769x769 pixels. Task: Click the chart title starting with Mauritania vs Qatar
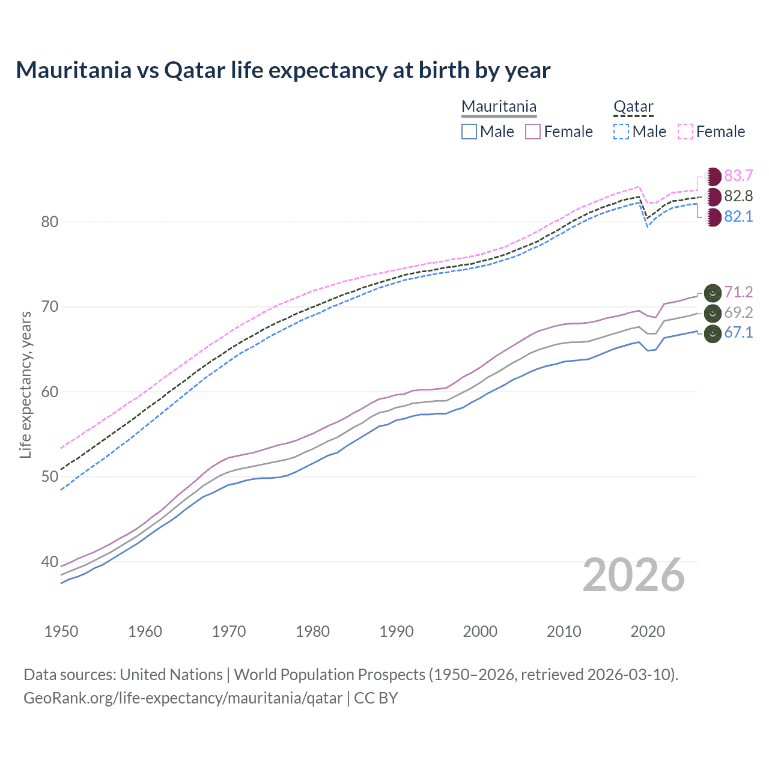coord(283,70)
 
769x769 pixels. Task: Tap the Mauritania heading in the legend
coord(499,106)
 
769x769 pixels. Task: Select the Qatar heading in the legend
coord(633,106)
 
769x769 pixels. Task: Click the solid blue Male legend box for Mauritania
coord(469,132)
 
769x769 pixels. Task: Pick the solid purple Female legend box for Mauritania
coord(533,132)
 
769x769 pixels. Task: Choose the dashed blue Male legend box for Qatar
coord(621,132)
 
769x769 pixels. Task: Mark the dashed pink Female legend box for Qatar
coord(685,132)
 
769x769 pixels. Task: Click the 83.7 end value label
coord(738,175)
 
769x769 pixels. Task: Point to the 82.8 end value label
coord(738,196)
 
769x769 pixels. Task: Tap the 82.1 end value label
coord(738,216)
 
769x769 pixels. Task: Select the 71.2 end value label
coord(738,292)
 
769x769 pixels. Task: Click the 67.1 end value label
coord(738,332)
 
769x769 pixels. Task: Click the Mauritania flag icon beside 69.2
coord(713,313)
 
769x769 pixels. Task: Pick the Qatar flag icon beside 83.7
coord(713,176)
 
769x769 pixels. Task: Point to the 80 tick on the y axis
coord(49,222)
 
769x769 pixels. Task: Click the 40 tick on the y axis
coord(49,562)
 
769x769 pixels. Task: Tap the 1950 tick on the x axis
coord(61,631)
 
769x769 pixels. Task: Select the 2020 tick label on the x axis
coord(648,631)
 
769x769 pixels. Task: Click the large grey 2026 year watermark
coord(634,575)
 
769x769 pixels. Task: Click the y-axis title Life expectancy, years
coord(25,384)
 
